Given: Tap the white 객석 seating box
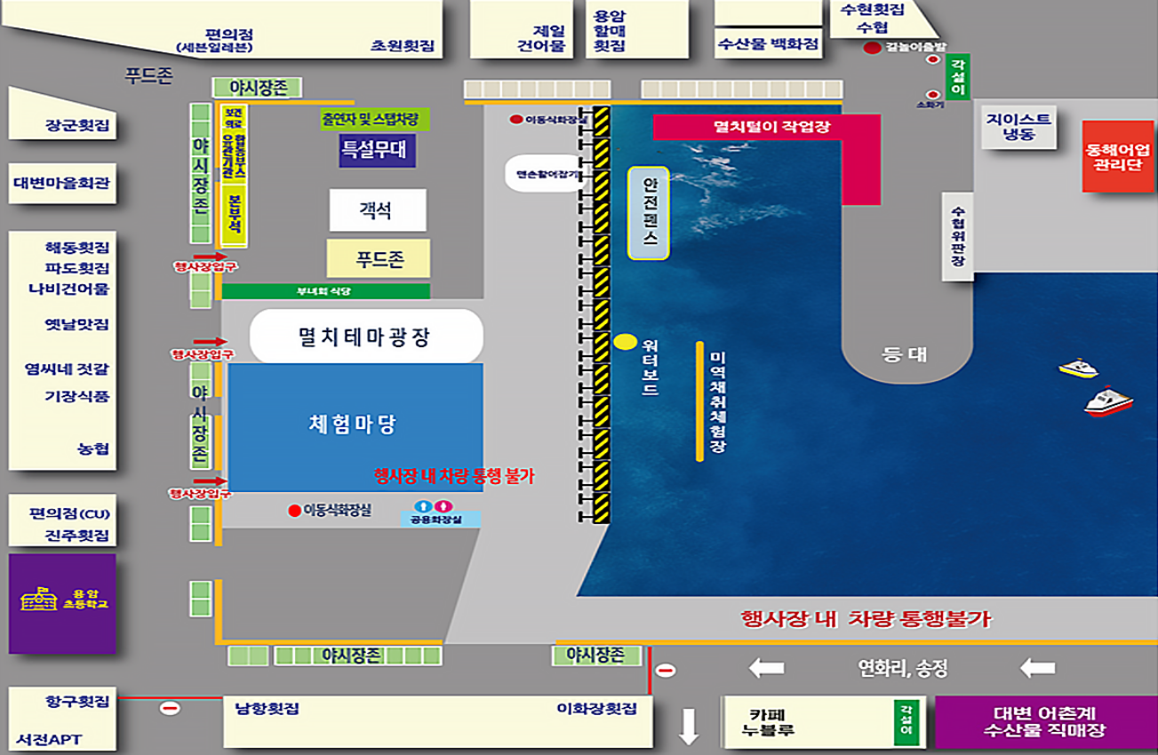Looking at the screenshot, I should tap(377, 211).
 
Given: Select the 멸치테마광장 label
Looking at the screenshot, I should tap(365, 337).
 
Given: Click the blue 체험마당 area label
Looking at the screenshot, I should tap(355, 425).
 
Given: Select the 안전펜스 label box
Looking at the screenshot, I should tap(649, 213).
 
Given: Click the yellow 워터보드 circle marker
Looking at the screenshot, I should tap(625, 341).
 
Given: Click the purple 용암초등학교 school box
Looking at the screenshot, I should tap(62, 603).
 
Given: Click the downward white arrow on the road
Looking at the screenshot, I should tap(689, 726).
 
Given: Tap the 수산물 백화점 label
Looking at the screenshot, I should tap(768, 44).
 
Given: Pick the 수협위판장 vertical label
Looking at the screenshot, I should tap(957, 237).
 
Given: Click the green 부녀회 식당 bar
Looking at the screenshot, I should tap(325, 290).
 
